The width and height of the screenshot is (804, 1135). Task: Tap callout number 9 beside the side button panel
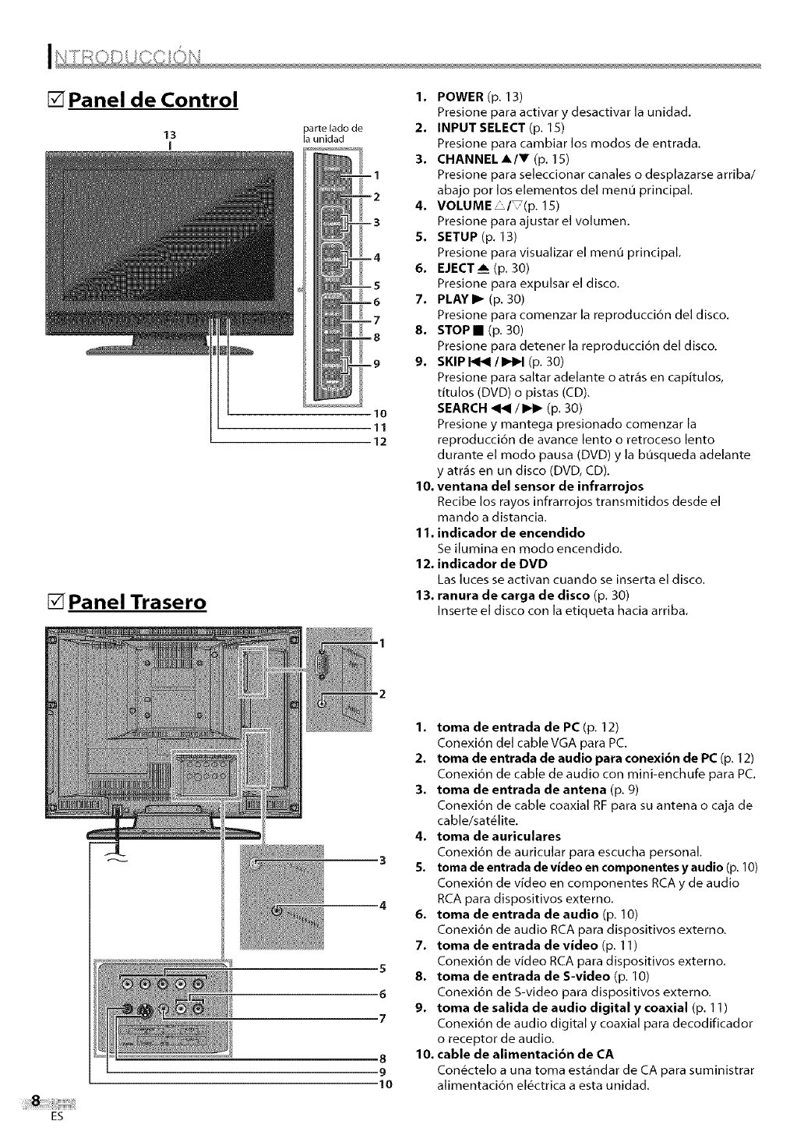[x=376, y=363]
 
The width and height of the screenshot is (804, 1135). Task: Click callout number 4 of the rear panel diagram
[x=382, y=905]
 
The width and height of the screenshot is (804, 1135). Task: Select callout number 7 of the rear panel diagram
[x=382, y=1018]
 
